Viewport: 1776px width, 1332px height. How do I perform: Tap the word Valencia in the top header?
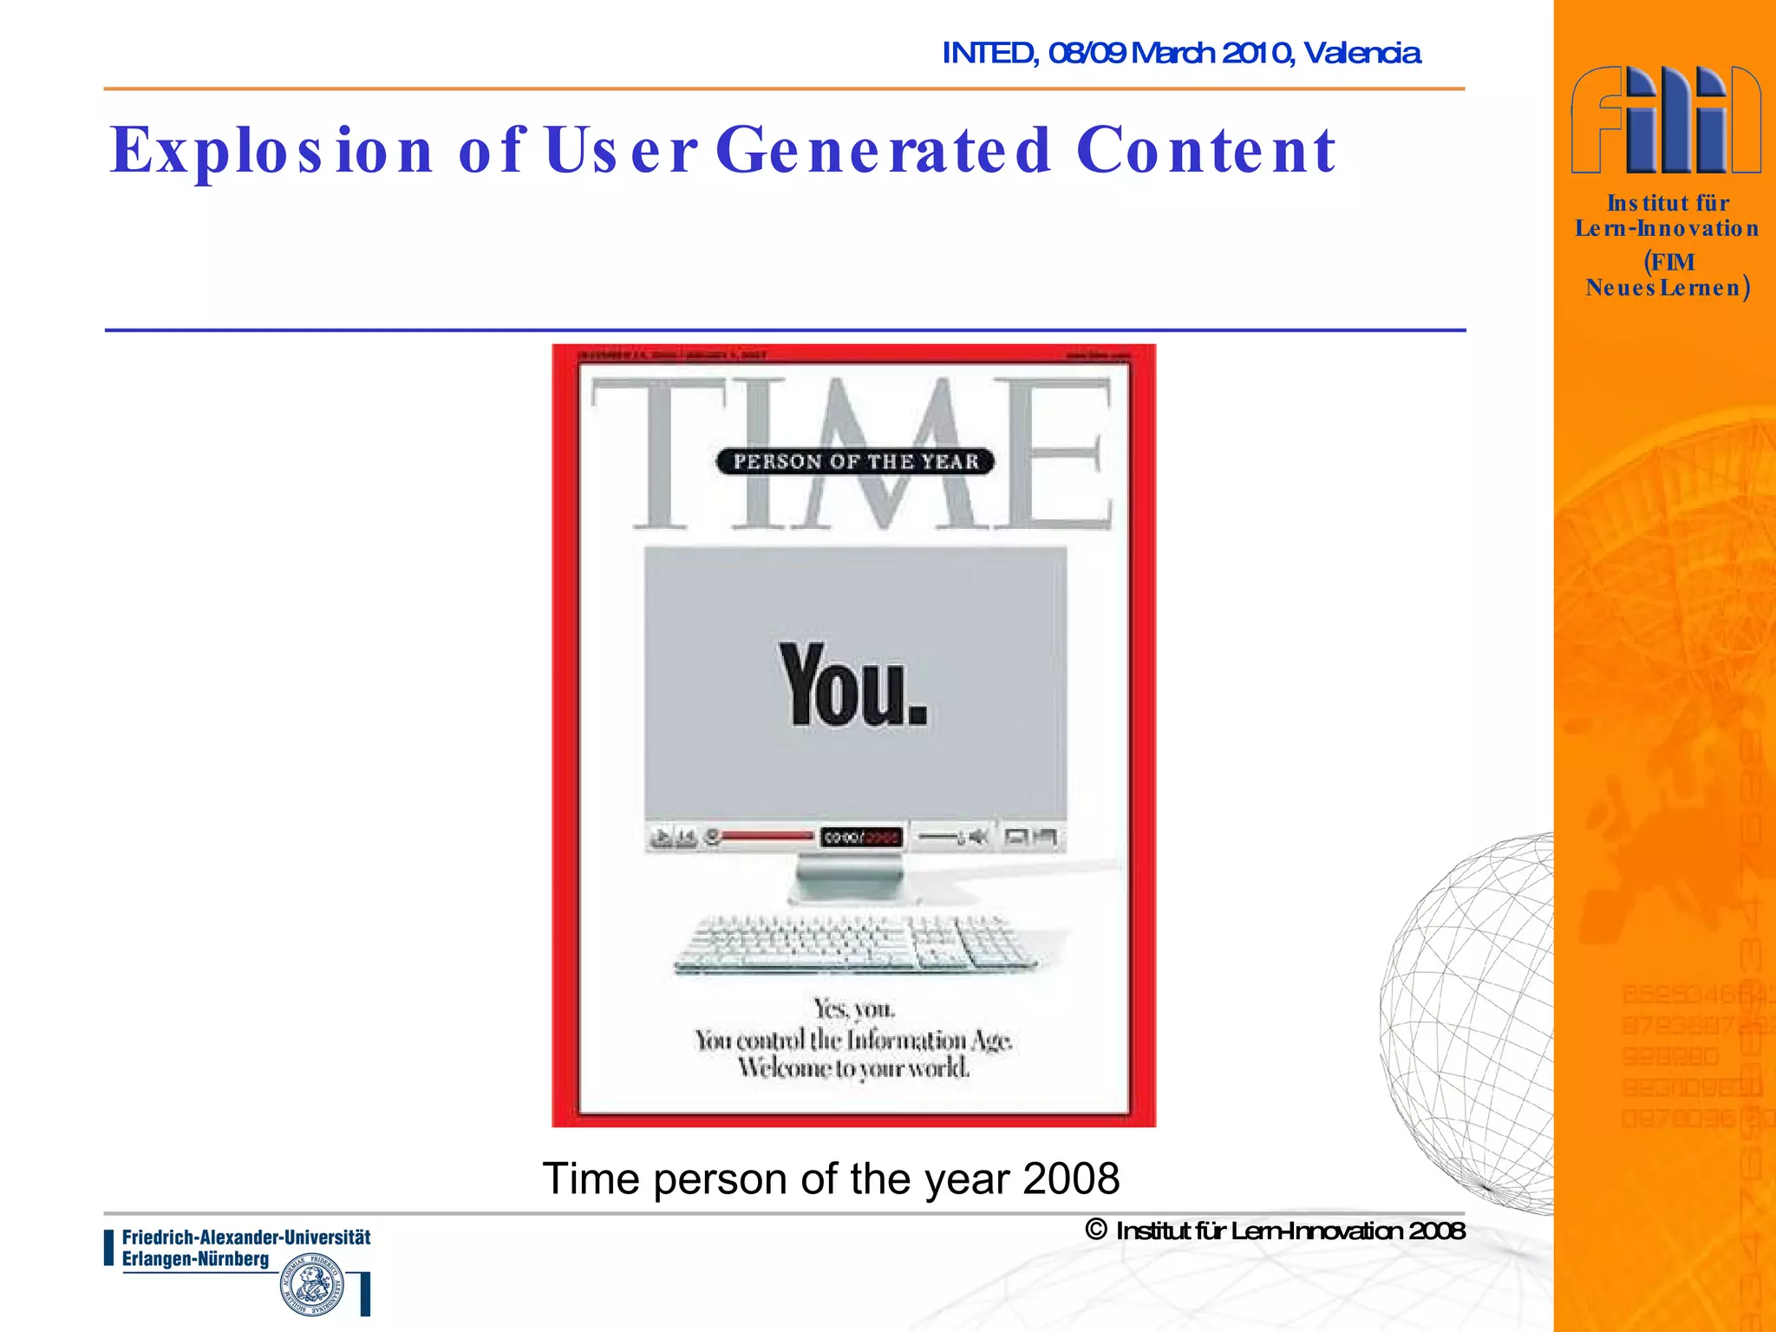click(x=1361, y=54)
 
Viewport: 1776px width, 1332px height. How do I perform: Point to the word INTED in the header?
click(x=989, y=54)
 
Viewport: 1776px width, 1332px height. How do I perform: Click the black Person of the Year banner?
click(x=855, y=461)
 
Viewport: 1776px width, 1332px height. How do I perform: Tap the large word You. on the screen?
click(x=854, y=685)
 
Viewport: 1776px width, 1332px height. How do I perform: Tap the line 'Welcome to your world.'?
click(x=854, y=1068)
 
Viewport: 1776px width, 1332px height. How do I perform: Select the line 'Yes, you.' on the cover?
click(x=854, y=1009)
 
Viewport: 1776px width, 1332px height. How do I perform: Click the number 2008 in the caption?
click(x=1071, y=1179)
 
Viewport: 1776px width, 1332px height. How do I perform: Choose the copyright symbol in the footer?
click(x=1096, y=1230)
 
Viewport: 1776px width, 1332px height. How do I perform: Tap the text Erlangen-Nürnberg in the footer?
click(x=195, y=1259)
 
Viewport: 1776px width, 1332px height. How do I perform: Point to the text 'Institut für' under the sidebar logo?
click(x=1668, y=203)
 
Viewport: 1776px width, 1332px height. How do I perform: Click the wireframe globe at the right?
click(x=1474, y=1023)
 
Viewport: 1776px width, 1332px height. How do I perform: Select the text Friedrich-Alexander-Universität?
click(x=246, y=1237)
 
